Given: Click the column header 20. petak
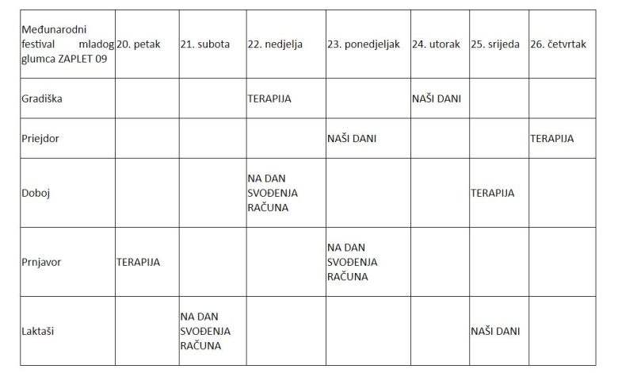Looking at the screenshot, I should pos(139,44).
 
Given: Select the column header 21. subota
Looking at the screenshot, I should pos(205,44).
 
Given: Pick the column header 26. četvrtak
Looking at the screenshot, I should pos(559,44).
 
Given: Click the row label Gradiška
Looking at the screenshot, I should pos(40,98).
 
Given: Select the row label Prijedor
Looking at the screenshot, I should pos(40,137).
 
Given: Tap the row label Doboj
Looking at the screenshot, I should pos(35,193).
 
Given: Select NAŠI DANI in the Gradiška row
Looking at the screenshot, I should pos(437,98).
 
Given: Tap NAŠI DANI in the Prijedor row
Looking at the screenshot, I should pos(352,137).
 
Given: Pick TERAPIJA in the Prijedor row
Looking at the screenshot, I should pos(552,137).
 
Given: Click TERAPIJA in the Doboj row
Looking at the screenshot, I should pos(493,193).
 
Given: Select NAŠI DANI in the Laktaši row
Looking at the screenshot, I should pos(495,330).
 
